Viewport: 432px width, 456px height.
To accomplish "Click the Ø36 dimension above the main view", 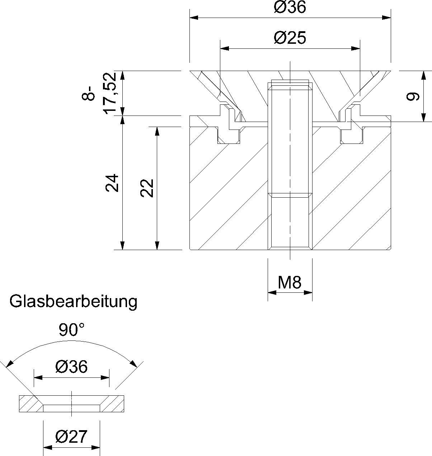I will pos(290,7).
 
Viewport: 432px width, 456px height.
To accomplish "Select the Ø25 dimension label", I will pos(290,38).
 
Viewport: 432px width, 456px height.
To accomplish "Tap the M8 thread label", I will pos(290,283).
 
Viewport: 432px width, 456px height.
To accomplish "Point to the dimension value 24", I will pos(112,183).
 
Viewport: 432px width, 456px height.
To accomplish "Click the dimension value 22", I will pos(147,188).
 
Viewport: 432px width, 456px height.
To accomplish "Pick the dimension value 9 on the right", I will pos(413,97).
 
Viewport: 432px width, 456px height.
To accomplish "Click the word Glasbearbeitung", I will pos(73,301).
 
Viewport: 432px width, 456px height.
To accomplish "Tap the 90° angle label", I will pos(72,330).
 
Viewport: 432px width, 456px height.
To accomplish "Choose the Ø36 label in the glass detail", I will pos(71,367).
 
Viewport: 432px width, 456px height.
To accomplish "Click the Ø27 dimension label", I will pos(71,437).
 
